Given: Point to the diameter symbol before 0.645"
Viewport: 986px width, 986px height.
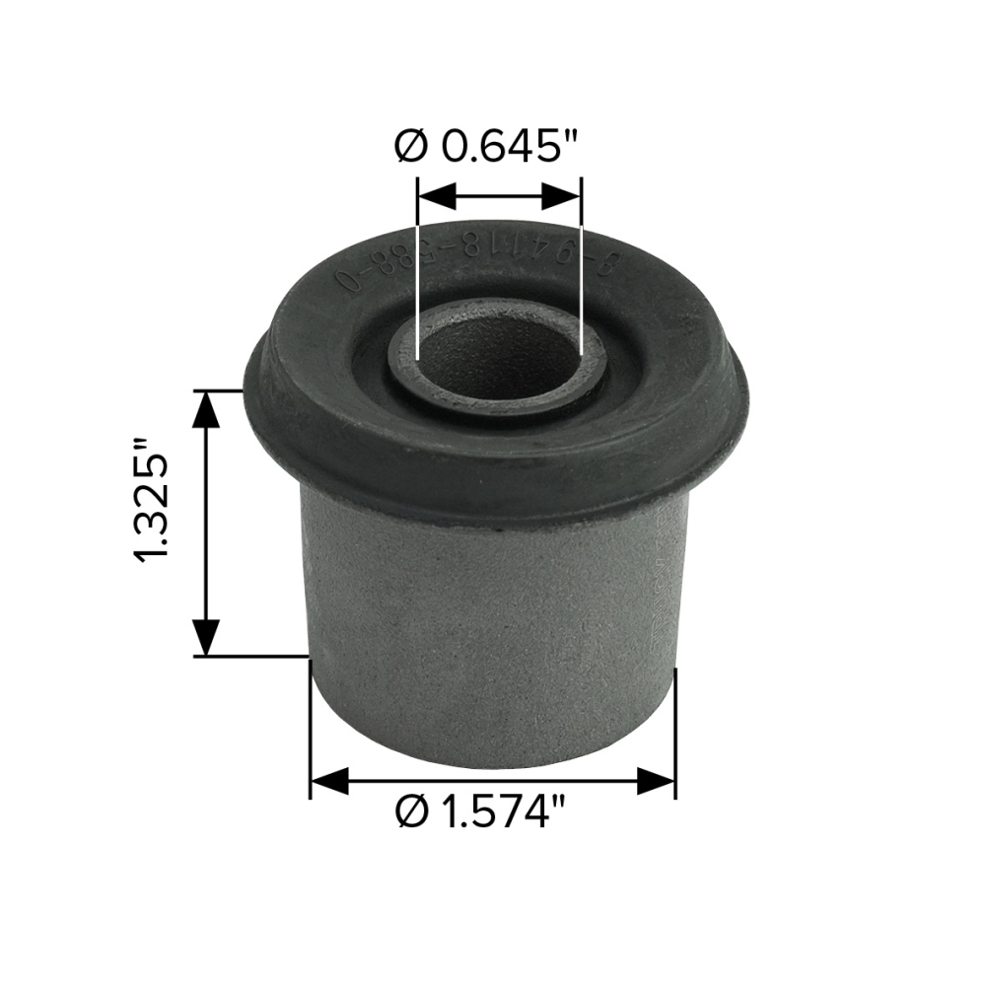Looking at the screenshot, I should (412, 146).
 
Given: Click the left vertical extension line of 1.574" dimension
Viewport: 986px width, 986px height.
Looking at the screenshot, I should (311, 730).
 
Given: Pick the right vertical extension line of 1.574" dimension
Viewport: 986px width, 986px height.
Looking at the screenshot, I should (675, 730).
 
